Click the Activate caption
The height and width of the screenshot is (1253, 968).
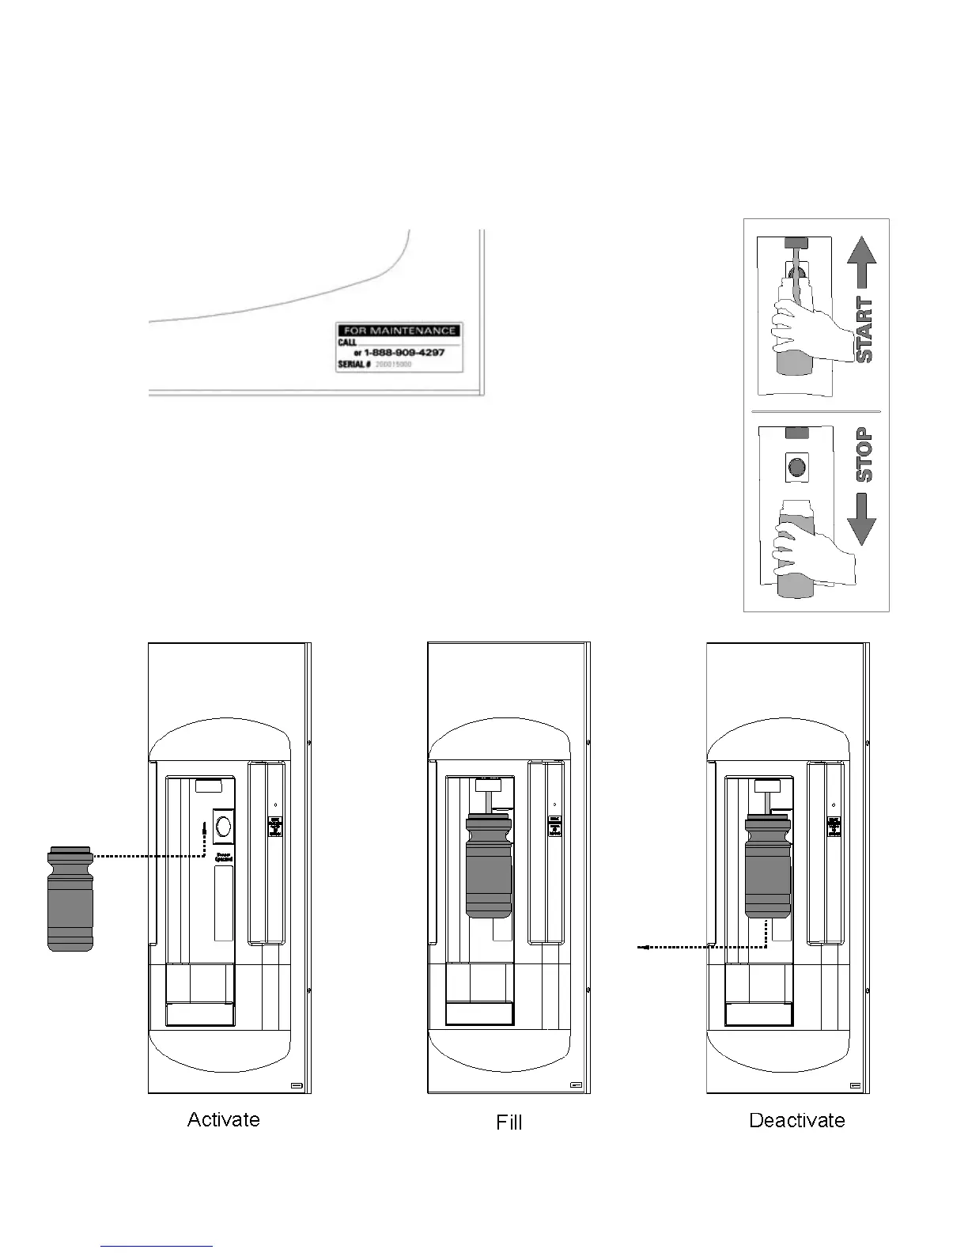(223, 1119)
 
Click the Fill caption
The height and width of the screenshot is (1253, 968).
(509, 1122)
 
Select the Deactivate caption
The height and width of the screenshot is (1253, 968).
(796, 1120)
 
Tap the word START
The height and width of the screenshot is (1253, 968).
(864, 330)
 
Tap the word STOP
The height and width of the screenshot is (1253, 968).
(864, 454)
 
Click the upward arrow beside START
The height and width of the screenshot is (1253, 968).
(862, 263)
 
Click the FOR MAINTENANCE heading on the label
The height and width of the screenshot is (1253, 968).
(399, 331)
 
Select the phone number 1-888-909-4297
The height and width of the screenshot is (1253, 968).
(404, 352)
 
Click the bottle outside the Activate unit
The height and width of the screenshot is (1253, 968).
(70, 898)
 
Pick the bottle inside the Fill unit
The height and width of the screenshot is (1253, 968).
(489, 865)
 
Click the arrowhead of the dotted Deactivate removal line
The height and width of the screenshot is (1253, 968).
(643, 946)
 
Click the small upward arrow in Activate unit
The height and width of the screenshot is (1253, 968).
(204, 827)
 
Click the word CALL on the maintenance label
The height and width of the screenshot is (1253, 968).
(346, 343)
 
